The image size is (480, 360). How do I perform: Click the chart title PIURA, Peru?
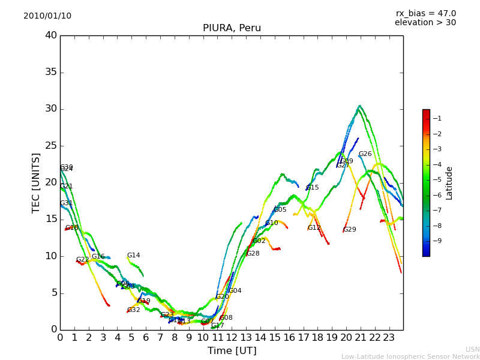pos(232,28)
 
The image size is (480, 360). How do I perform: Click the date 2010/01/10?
pos(47,16)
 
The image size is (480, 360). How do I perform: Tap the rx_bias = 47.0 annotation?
pos(425,14)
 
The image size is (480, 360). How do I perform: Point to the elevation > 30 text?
pos(425,23)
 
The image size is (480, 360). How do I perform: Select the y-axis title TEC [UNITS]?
pos(37,183)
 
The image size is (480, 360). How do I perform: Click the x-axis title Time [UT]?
pos(232,351)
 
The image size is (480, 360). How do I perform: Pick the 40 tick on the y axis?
pos(51,35)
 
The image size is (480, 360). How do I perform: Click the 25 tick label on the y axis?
pos(51,146)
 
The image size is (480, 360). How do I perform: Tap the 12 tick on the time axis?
pos(232,337)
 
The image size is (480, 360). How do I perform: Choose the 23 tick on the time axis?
pos(389,337)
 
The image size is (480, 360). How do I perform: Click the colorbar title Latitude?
pos(449,183)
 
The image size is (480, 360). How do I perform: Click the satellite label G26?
pos(365,154)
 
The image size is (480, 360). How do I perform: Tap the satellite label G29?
pos(349,230)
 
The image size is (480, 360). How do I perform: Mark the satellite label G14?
pos(133,256)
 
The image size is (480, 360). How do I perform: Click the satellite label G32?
pos(133,310)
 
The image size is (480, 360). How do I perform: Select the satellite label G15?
pos(312,188)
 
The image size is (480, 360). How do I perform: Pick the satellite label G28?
pos(253,254)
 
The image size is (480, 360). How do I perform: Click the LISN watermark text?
pos(472,349)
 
